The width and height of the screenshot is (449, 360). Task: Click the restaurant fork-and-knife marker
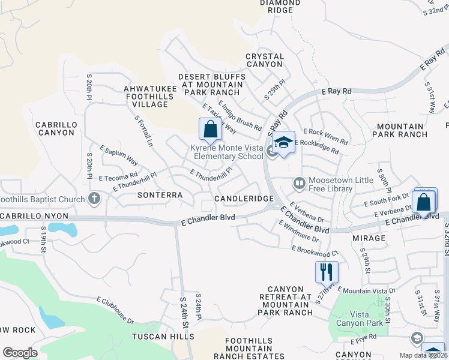coord(327,272)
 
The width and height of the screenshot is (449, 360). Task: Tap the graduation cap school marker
coord(283,143)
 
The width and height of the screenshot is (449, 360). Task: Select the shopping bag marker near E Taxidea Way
coord(210,129)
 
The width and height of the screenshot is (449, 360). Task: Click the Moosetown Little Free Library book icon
coord(298,182)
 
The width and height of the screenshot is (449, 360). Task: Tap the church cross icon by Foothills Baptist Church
coord(94,198)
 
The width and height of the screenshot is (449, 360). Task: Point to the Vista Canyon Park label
coord(359,319)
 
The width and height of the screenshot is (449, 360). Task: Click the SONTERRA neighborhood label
coord(160,195)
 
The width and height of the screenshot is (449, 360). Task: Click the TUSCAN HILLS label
coord(158,337)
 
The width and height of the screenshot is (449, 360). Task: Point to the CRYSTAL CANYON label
coord(264,60)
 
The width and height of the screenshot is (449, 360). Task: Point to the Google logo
coord(19,353)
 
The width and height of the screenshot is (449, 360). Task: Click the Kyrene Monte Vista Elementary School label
coord(227,152)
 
